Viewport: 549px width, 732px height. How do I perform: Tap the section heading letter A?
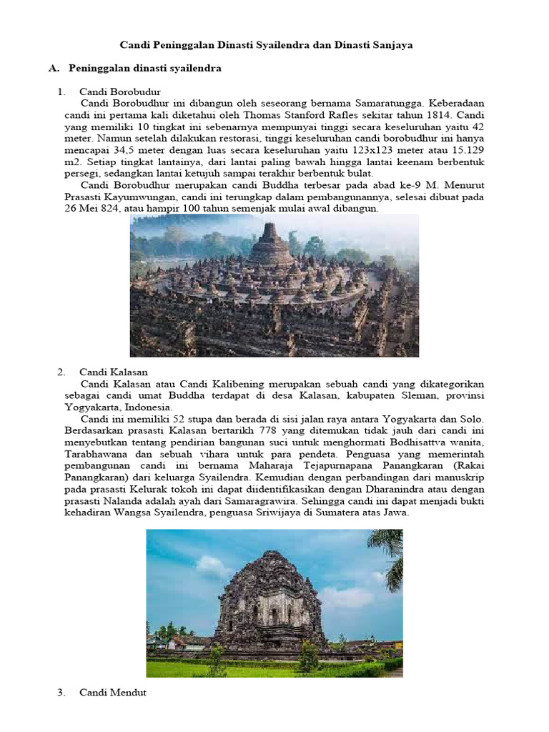click(x=52, y=68)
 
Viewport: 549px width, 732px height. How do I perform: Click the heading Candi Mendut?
click(x=113, y=692)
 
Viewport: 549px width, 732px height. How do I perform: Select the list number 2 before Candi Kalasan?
click(x=61, y=372)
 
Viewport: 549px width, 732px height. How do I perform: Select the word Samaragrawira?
click(x=284, y=500)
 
